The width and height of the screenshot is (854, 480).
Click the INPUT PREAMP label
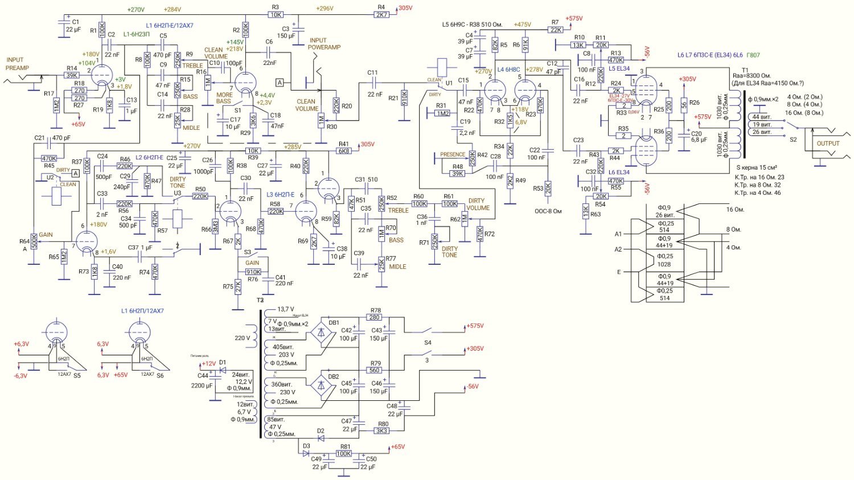tap(17, 64)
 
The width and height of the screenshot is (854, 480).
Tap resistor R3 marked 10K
tap(276, 15)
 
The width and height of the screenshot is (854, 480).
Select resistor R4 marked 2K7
tap(381, 15)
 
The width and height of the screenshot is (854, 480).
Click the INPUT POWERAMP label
tap(324, 44)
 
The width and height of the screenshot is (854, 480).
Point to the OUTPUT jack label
tap(828, 143)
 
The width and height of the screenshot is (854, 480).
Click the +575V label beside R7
tap(574, 19)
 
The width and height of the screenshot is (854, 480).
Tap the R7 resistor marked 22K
tap(556, 30)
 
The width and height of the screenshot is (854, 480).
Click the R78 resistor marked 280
tap(374, 317)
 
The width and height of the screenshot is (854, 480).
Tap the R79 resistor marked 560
tap(374, 370)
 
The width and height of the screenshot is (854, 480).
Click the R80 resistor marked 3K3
tap(382, 431)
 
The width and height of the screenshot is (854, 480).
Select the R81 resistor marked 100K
tap(343, 454)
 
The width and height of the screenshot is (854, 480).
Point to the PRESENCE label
tap(453, 154)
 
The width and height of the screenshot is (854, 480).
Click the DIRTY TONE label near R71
tap(450, 252)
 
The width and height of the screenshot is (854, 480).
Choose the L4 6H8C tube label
tap(508, 69)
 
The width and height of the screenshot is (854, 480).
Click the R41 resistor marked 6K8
tap(344, 151)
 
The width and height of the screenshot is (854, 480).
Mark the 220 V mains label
tap(242, 338)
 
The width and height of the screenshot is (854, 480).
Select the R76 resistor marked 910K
tap(253, 272)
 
